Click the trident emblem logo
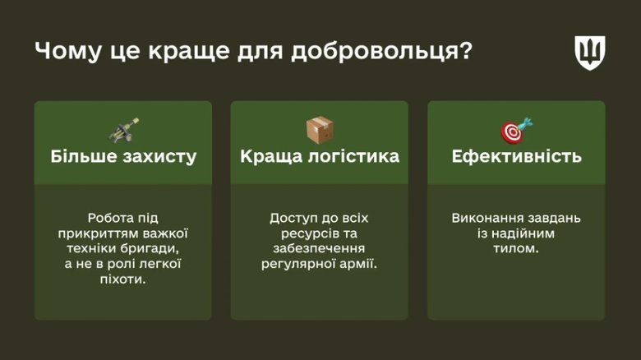click(x=589, y=53)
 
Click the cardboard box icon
click(x=320, y=129)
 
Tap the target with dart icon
click(x=516, y=130)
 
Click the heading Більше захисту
click(x=123, y=156)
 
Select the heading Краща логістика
click(x=320, y=156)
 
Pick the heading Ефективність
click(x=516, y=156)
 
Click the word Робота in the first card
click(x=111, y=218)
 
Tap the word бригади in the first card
click(x=150, y=249)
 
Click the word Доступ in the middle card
click(x=292, y=218)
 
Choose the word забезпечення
click(x=319, y=249)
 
